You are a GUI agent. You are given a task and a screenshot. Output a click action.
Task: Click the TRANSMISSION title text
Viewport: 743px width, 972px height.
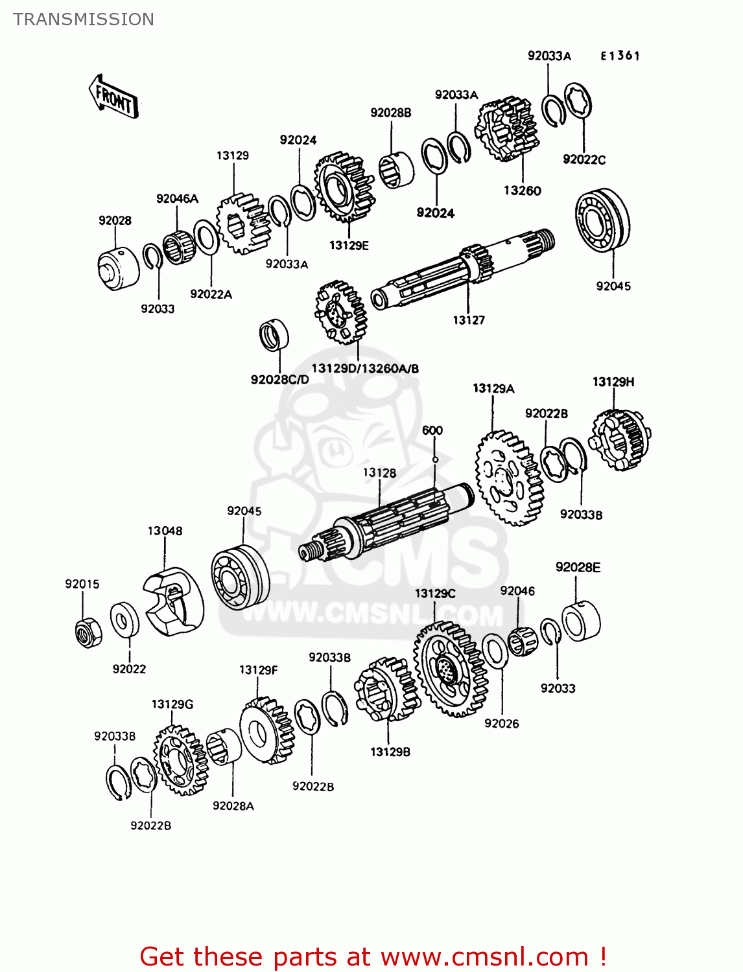pyautogui.click(x=84, y=19)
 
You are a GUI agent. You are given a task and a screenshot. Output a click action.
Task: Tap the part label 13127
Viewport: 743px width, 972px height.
pyautogui.click(x=468, y=320)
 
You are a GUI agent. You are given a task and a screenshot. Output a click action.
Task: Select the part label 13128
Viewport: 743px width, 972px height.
pyautogui.click(x=379, y=473)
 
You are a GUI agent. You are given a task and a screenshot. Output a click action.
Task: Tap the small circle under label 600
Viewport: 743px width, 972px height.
pyautogui.click(x=435, y=459)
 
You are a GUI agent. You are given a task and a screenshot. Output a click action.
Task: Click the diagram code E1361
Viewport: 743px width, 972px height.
pyautogui.click(x=620, y=56)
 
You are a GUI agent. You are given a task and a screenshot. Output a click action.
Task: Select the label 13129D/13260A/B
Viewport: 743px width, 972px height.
pyautogui.click(x=365, y=369)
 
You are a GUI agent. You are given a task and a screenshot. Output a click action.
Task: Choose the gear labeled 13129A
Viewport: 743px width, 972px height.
pyautogui.click(x=509, y=478)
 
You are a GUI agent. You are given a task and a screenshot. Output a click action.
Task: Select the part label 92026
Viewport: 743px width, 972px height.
pyautogui.click(x=501, y=723)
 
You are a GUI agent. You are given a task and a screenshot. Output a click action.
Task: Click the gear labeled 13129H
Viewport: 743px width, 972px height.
pyautogui.click(x=621, y=440)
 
